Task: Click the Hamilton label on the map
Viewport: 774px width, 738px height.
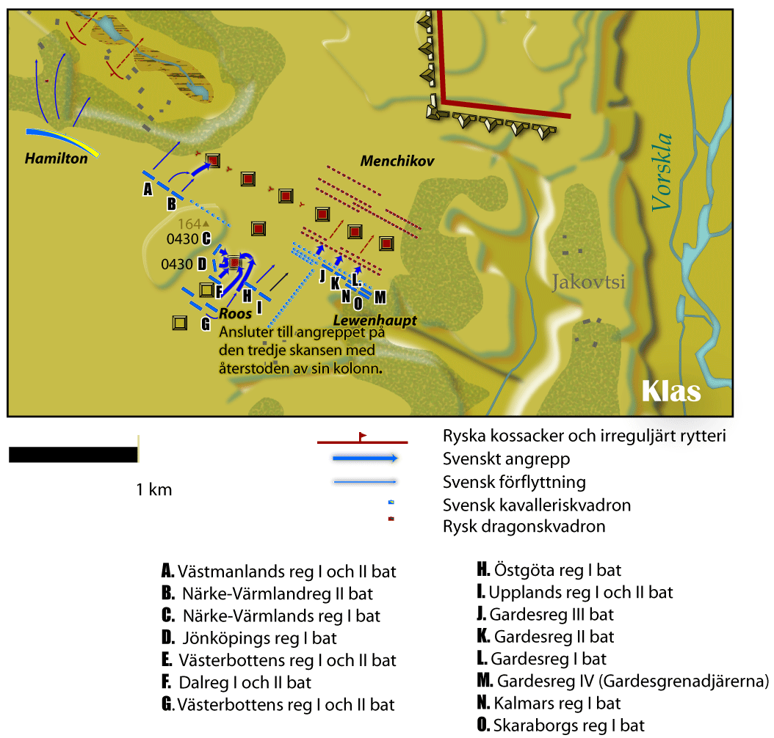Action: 57,158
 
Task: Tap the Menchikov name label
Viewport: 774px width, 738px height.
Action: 397,161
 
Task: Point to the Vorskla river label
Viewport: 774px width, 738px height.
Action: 662,172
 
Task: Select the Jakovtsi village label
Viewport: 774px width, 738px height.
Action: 588,282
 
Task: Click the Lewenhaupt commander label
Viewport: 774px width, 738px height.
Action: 375,321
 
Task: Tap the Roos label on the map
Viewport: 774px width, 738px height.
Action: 236,313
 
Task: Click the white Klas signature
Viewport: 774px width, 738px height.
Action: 671,392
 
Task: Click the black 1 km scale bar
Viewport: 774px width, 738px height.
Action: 73,455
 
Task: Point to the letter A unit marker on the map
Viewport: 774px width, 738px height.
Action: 148,189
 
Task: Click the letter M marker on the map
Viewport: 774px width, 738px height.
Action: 380,297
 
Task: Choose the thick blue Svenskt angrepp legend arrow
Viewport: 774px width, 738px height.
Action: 365,458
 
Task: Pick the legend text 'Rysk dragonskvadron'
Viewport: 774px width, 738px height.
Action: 524,527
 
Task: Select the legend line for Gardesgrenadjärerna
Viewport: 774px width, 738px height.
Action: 623,681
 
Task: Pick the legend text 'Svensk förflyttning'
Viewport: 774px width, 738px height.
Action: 514,482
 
